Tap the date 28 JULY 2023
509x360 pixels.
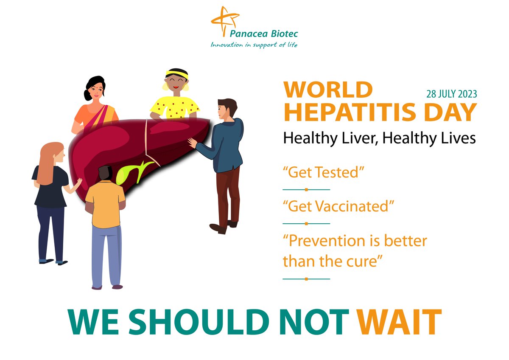click(x=451, y=94)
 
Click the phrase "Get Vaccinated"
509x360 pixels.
click(x=338, y=206)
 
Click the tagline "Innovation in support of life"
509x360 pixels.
click(x=254, y=45)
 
